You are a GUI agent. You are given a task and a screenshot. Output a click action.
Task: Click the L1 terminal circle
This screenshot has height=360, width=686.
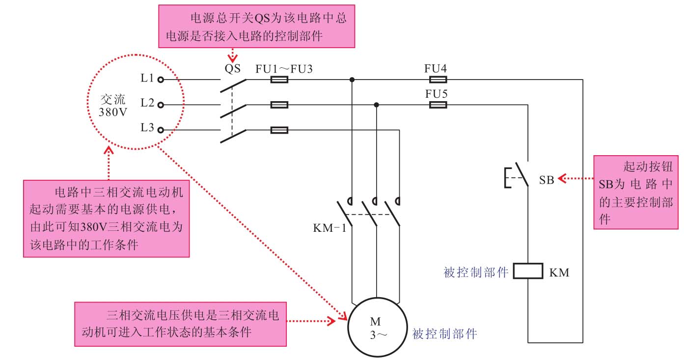click(160, 79)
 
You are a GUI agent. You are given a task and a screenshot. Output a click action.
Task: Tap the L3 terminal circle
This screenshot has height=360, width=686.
click(160, 130)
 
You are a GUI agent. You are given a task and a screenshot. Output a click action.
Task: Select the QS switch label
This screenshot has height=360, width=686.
click(233, 69)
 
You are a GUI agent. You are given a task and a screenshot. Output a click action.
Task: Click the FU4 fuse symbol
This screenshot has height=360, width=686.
click(438, 79)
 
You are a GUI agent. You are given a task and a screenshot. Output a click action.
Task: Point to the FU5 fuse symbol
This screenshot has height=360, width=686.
click(438, 105)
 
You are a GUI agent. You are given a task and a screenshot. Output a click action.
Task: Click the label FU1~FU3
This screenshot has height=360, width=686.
click(284, 69)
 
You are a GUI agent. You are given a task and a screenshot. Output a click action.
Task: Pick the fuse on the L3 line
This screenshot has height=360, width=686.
click(279, 130)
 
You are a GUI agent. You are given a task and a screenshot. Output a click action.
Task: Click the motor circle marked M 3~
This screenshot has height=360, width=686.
click(376, 327)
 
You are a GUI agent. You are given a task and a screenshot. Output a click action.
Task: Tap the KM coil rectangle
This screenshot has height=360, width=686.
click(528, 271)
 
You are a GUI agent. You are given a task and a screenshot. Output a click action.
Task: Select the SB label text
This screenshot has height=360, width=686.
click(547, 180)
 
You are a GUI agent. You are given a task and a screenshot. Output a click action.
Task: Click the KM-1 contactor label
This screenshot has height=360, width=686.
click(329, 228)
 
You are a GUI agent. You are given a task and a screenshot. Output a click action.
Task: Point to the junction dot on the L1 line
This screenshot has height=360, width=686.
click(352, 79)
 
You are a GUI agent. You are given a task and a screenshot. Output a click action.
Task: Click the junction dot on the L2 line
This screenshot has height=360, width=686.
click(377, 105)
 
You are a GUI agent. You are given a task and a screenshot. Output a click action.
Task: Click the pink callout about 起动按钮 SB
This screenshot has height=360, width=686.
click(636, 192)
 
